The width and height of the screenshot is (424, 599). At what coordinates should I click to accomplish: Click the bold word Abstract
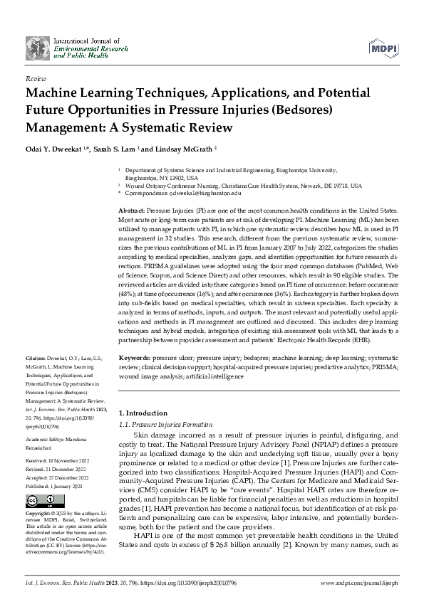(x=131, y=212)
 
